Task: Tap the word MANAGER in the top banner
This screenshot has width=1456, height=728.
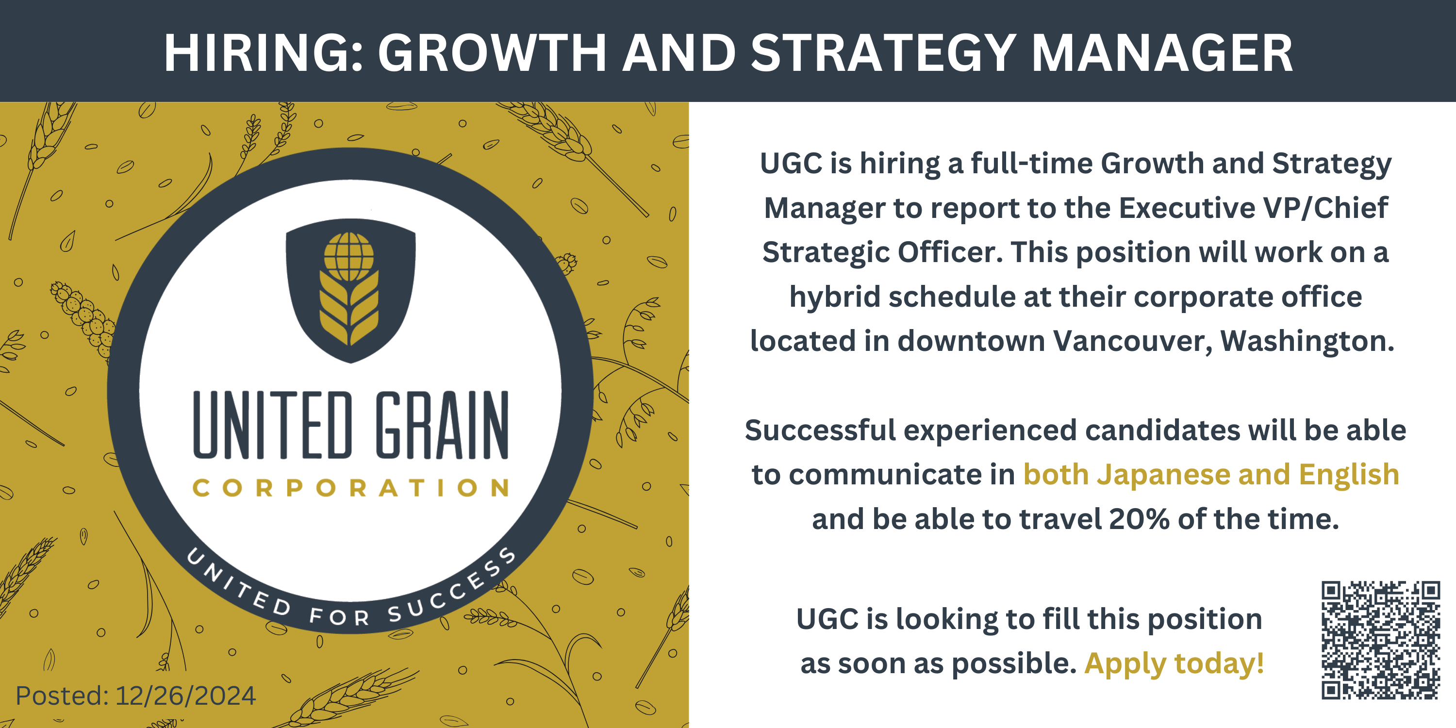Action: coord(1163,52)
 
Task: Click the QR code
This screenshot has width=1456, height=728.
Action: coord(1380,640)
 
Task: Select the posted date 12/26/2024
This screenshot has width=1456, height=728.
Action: coord(185,696)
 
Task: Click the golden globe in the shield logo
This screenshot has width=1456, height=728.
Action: coord(349,257)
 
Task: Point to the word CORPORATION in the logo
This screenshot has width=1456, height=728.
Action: coord(350,488)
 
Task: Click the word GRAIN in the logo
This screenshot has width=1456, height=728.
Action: coord(443,425)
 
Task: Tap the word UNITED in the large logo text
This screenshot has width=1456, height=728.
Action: coord(272,425)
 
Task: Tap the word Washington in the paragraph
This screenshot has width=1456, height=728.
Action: coord(1307,341)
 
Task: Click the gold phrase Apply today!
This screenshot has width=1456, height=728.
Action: coord(1174,663)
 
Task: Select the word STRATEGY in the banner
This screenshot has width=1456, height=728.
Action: coord(884,52)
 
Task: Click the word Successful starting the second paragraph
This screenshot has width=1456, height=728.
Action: coord(820,430)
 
